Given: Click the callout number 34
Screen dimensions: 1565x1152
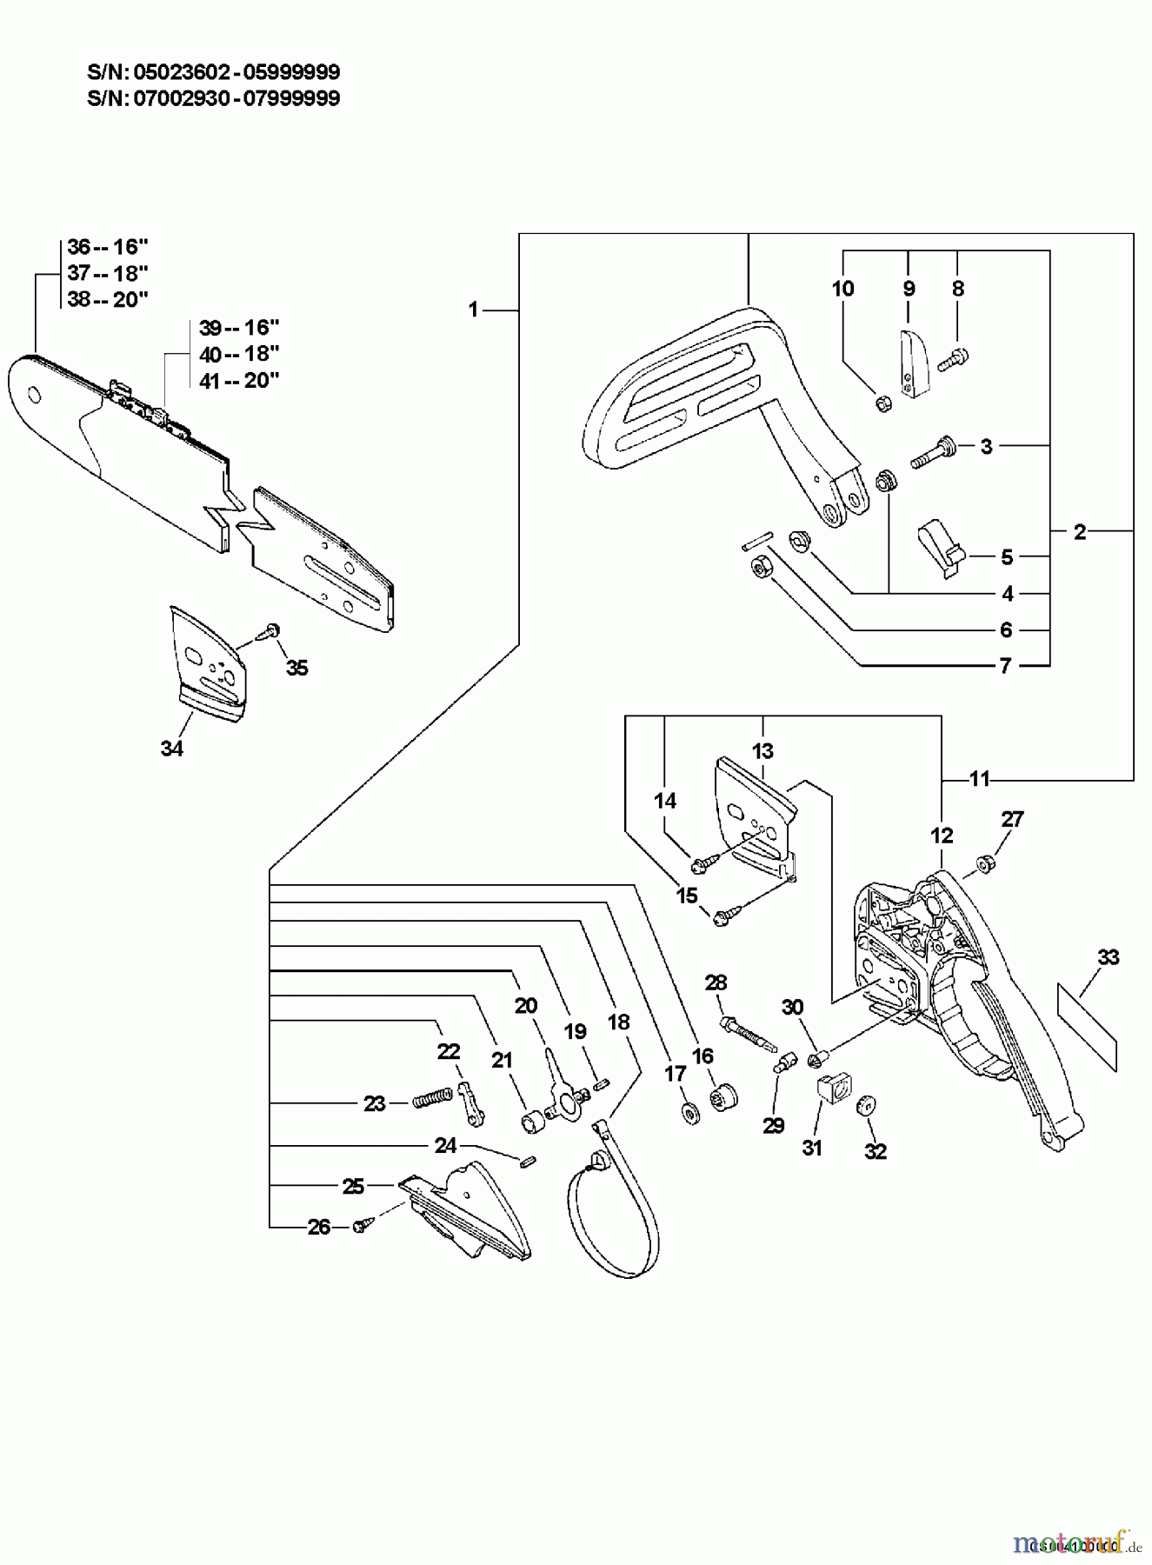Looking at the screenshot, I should coord(172,748).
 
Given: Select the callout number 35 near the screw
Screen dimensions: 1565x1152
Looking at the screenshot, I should coord(296,668).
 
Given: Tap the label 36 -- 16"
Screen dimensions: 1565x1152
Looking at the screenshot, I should coord(108,246).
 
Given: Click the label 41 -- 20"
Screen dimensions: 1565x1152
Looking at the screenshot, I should coord(238,380).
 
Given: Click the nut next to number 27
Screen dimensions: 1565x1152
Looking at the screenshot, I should coord(985,863).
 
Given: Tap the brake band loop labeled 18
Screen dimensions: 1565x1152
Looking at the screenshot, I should coord(613,1217).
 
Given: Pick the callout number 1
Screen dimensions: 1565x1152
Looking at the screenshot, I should coord(473,309).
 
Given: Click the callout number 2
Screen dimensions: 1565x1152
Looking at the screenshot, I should coord(1079,531).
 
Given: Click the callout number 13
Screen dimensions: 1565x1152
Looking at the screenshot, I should coord(762,750).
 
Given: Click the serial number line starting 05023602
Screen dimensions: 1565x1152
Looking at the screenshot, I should coord(214,71).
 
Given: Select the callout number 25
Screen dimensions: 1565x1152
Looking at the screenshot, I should coord(353,1186).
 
